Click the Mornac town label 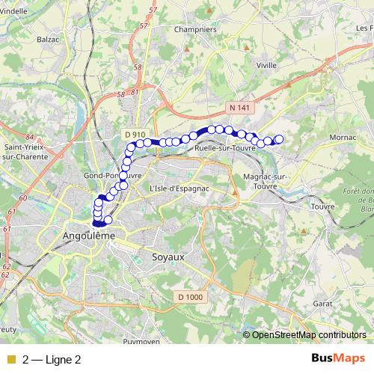pyautogui.click(x=343, y=138)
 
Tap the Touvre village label pyautogui.click(x=322, y=206)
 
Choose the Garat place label pyautogui.click(x=323, y=304)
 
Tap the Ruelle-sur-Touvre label pyautogui.click(x=224, y=148)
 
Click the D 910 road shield pyautogui.click(x=135, y=133)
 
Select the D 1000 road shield pyautogui.click(x=189, y=297)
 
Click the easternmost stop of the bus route pyautogui.click(x=280, y=138)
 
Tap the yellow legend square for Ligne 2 pyautogui.click(x=10, y=360)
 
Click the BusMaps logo pyautogui.click(x=338, y=358)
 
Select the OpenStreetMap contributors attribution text pyautogui.click(x=309, y=335)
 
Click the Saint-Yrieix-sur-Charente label pyautogui.click(x=27, y=152)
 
